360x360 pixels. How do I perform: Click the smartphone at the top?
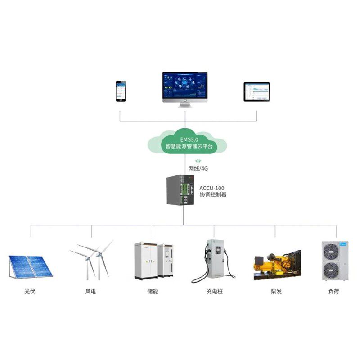[121, 91]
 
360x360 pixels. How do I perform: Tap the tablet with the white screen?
[256, 92]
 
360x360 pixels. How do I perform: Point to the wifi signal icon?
[198, 161]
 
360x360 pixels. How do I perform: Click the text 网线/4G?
[198, 168]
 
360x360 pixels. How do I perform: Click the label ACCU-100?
[211, 188]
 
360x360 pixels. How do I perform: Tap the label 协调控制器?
[213, 195]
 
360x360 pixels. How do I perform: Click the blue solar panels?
[30, 266]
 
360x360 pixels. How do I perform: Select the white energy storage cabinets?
[153, 261]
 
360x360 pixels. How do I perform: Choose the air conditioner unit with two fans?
[333, 261]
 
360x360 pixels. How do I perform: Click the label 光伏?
[30, 292]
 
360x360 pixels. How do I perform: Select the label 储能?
[153, 292]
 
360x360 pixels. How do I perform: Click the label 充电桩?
[215, 292]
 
